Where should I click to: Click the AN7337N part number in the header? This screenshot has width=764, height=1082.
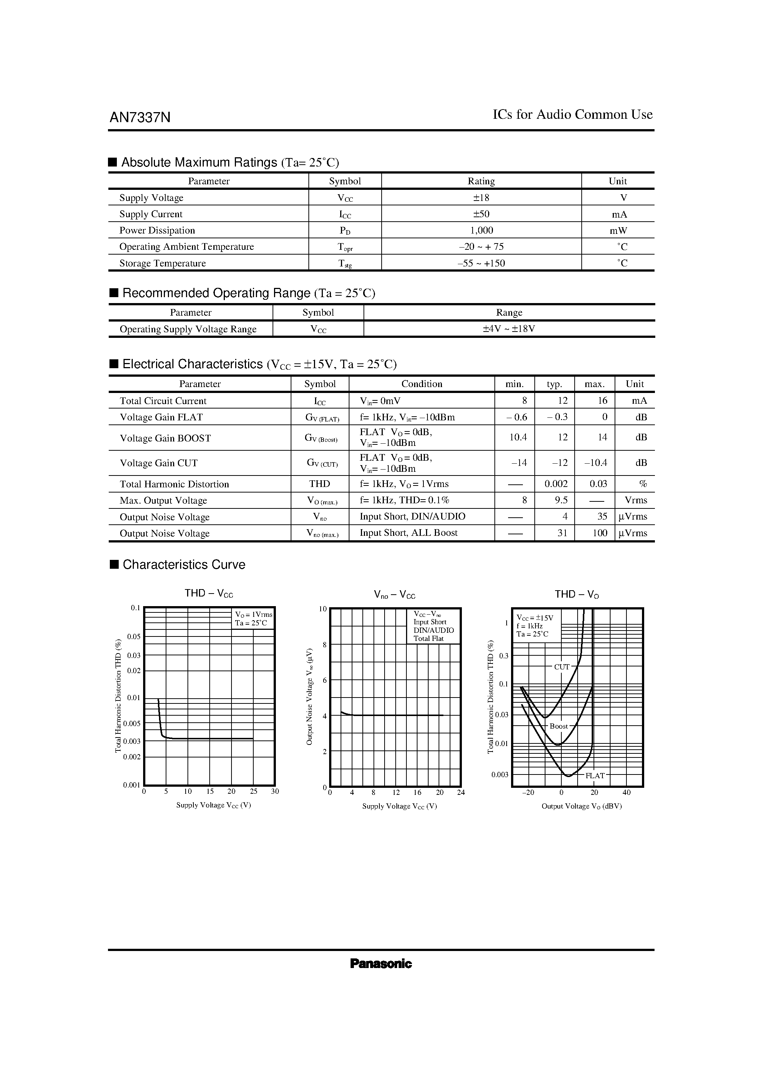pyautogui.click(x=140, y=117)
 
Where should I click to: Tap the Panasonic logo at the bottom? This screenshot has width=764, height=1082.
pyautogui.click(x=381, y=964)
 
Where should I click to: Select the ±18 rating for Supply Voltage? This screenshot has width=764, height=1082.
pyautogui.click(x=481, y=198)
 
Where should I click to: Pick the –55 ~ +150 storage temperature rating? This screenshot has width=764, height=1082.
pyautogui.click(x=481, y=263)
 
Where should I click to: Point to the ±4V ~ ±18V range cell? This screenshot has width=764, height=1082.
pyautogui.click(x=509, y=329)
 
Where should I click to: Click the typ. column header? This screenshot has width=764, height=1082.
pyautogui.click(x=554, y=384)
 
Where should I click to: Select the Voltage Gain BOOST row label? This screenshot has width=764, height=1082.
pyautogui.click(x=165, y=438)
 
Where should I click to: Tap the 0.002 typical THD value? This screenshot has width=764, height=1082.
pyautogui.click(x=556, y=484)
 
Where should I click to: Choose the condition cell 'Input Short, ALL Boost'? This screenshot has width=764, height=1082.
pyautogui.click(x=408, y=533)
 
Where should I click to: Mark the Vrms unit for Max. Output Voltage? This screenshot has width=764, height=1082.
pyautogui.click(x=635, y=500)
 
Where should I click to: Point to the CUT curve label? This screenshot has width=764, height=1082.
pyautogui.click(x=561, y=667)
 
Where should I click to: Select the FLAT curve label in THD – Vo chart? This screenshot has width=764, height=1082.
pyautogui.click(x=595, y=776)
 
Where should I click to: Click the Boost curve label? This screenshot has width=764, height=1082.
pyautogui.click(x=559, y=726)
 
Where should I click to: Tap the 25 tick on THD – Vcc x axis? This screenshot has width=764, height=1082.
pyautogui.click(x=253, y=792)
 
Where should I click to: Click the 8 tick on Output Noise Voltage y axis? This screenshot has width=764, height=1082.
pyautogui.click(x=324, y=645)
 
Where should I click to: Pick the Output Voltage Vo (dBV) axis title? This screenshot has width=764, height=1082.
pyautogui.click(x=581, y=806)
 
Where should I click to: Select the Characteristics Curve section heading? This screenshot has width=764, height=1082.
pyautogui.click(x=184, y=565)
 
